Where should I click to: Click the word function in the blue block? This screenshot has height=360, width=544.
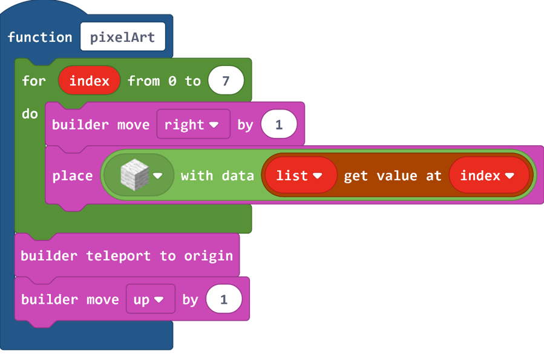click(x=40, y=37)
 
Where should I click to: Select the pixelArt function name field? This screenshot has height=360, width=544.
click(x=123, y=37)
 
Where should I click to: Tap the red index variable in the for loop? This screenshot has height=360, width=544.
click(x=90, y=81)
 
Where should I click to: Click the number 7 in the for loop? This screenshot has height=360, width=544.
click(x=226, y=81)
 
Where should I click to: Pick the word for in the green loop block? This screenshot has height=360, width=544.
click(x=34, y=81)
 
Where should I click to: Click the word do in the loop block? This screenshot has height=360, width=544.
click(x=30, y=114)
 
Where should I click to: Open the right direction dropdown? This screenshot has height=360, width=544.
click(x=193, y=125)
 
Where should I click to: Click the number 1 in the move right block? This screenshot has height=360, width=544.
click(x=279, y=125)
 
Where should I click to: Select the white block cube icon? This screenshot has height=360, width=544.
click(x=134, y=175)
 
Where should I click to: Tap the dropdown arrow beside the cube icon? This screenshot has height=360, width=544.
click(x=157, y=176)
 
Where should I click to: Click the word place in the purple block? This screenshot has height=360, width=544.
click(x=73, y=176)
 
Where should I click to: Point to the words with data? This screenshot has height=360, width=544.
click(x=217, y=176)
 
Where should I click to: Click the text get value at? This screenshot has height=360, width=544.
click(x=392, y=176)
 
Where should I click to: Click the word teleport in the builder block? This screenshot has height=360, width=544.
click(x=119, y=255)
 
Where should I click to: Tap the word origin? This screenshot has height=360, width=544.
click(x=209, y=257)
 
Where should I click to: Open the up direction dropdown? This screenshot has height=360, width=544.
click(x=150, y=299)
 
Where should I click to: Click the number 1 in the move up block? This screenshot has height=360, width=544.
click(x=224, y=299)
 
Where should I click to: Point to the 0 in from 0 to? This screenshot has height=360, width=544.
click(x=172, y=81)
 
